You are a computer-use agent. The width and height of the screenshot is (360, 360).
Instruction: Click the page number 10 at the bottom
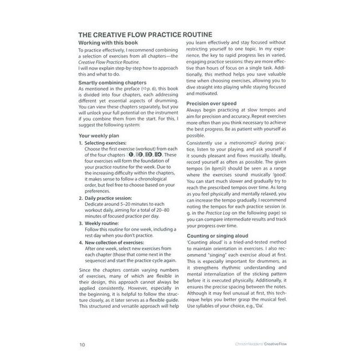coord(82,344)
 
